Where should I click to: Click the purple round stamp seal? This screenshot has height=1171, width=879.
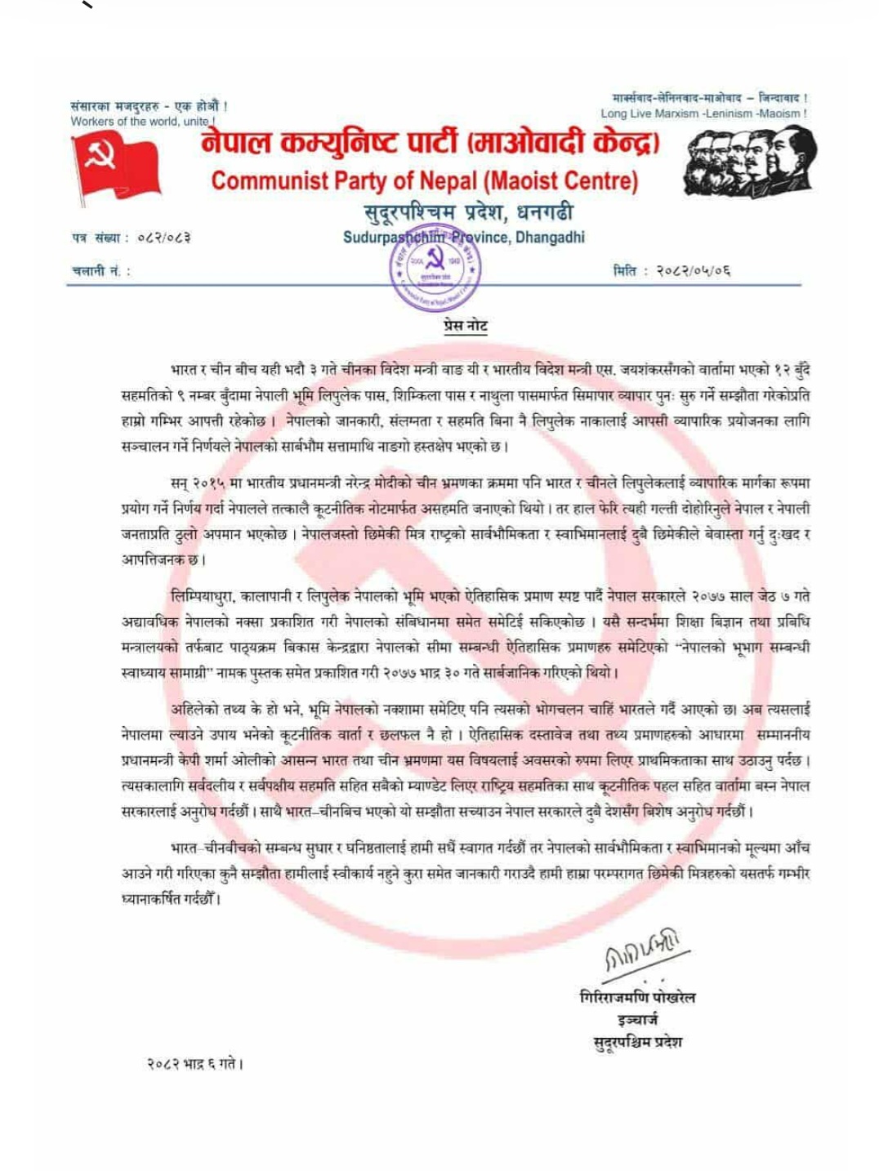(435, 268)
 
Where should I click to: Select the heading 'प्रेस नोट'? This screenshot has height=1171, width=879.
(465, 326)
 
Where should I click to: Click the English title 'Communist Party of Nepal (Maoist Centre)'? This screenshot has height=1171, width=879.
(424, 180)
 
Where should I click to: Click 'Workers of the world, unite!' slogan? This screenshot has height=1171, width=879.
(142, 122)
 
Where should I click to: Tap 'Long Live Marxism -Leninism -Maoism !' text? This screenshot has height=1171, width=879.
(703, 114)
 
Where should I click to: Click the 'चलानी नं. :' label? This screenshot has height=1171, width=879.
(100, 271)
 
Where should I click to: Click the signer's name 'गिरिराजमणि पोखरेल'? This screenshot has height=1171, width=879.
(637, 997)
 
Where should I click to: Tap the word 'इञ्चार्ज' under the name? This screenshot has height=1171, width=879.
(637, 1019)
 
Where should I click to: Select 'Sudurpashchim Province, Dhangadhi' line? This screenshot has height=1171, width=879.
(463, 238)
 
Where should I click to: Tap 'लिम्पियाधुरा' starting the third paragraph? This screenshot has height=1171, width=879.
(203, 596)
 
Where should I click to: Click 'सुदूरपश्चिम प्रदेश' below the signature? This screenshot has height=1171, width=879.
(637, 1042)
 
